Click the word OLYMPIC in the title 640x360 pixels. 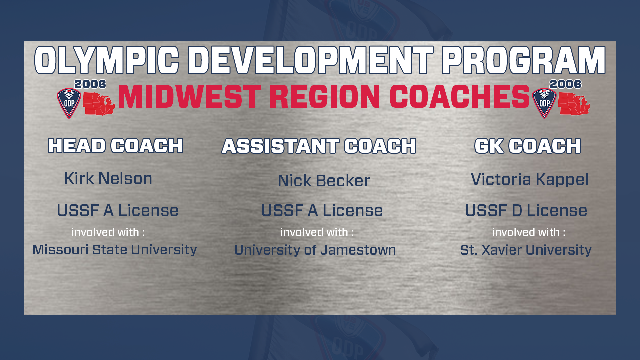coord(107,60)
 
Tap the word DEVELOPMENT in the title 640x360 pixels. coord(310,60)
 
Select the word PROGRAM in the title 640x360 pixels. coord(523,60)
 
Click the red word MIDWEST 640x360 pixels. coord(189,97)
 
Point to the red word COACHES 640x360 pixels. coord(459,97)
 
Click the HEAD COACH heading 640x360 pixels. coord(115,146)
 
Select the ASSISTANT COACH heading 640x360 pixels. coord(319,146)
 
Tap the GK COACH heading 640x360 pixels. coord(528,146)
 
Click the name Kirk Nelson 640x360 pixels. coord(108,178)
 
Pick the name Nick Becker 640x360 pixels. coord(324,181)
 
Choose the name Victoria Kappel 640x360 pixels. coord(530,180)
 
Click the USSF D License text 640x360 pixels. coord(526,210)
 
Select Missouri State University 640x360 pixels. coord(115,250)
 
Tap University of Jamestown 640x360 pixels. coord(315,250)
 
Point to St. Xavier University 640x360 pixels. coord(526,250)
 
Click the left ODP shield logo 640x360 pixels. coord(69,103)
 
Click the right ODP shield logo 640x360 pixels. coord(544,103)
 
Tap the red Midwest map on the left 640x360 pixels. coord(99,104)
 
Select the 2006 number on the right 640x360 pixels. coord(565,84)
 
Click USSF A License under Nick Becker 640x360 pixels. coord(322,210)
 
